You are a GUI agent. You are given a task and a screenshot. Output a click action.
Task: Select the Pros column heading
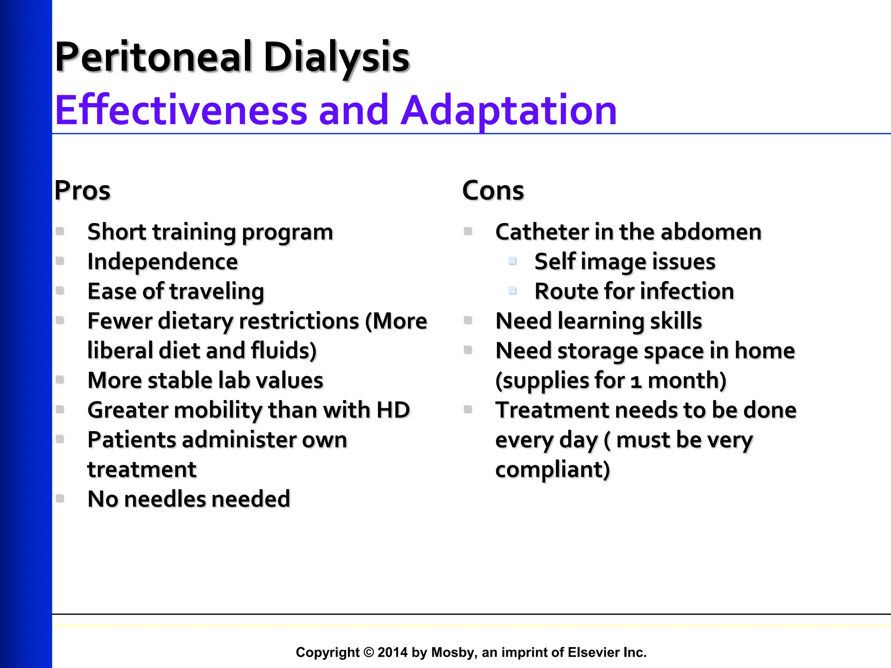click(x=82, y=190)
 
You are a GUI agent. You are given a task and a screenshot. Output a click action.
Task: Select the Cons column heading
click(x=493, y=190)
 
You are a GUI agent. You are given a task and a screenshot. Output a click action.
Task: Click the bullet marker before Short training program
click(x=60, y=231)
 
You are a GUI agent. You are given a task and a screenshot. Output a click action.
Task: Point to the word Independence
click(x=162, y=262)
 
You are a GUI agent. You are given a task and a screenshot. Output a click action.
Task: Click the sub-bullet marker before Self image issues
click(x=512, y=261)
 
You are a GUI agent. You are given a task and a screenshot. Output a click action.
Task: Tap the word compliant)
click(x=553, y=470)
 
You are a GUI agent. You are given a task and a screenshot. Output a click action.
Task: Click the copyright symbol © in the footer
click(x=368, y=652)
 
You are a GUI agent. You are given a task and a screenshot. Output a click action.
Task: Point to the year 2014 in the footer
click(x=392, y=652)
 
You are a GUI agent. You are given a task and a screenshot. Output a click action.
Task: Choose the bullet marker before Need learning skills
click(x=468, y=321)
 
